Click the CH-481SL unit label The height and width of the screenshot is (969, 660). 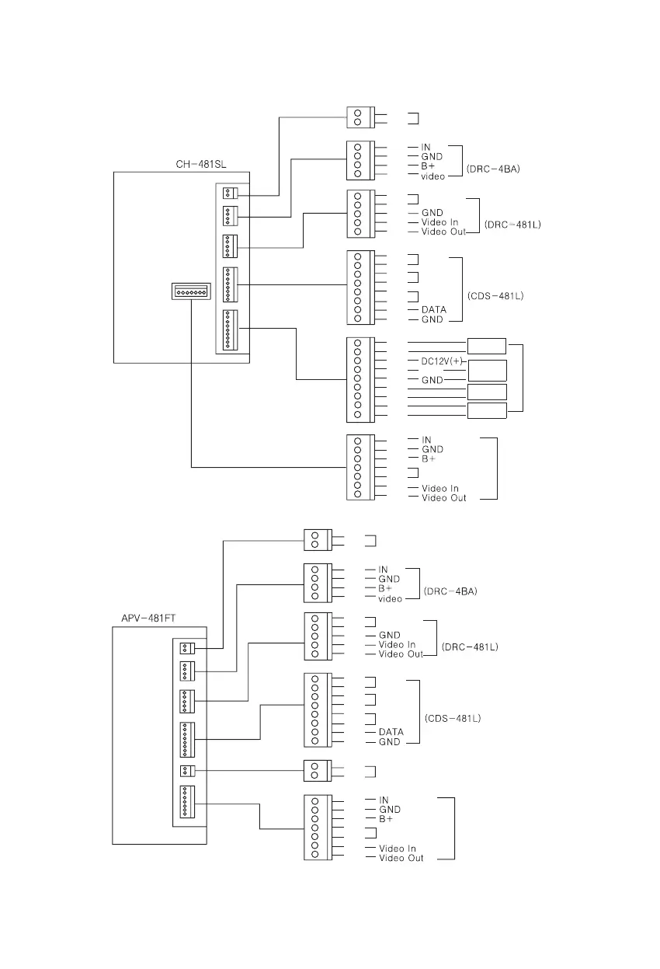201,164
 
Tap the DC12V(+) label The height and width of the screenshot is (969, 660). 436,361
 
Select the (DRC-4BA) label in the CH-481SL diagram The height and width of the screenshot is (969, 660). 493,169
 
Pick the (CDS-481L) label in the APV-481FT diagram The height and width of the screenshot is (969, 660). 453,718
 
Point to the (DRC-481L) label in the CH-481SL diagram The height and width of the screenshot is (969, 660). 512,225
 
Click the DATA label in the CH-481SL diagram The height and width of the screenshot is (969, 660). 433,309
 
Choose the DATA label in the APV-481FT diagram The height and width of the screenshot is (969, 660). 391,732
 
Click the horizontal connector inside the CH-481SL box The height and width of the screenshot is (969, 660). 191,291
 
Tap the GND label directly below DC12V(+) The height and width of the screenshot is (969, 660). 432,380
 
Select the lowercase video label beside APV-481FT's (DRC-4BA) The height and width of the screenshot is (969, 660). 390,598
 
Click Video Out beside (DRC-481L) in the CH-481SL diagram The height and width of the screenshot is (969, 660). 443,232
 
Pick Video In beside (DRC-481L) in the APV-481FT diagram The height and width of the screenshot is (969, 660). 397,644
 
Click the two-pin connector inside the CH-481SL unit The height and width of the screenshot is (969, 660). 230,193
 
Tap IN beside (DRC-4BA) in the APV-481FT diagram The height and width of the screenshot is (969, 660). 383,570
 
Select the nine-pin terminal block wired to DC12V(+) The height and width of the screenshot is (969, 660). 360,379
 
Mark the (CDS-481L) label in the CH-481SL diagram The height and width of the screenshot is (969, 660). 495,295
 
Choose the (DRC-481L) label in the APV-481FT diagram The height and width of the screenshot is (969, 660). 470,647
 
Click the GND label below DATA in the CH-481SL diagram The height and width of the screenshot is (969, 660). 432,319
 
